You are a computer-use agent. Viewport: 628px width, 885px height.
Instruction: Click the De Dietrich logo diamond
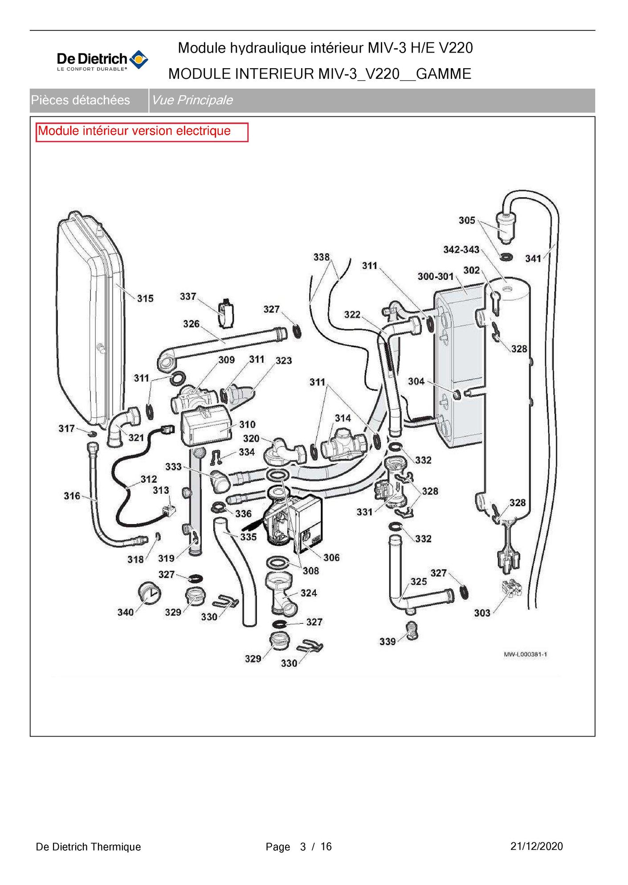pyautogui.click(x=139, y=59)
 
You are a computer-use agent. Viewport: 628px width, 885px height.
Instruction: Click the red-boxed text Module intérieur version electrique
pyautogui.click(x=135, y=131)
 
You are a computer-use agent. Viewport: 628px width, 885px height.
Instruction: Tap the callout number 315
pyautogui.click(x=145, y=299)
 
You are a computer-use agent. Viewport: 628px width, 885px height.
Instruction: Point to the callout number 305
pyautogui.click(x=467, y=220)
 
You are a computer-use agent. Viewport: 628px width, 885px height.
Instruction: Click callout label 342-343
pyautogui.click(x=461, y=250)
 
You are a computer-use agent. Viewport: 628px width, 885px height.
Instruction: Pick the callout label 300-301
pyautogui.click(x=435, y=276)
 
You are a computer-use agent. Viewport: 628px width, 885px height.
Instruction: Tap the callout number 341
pyautogui.click(x=533, y=258)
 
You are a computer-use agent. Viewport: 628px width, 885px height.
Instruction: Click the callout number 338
pyautogui.click(x=322, y=257)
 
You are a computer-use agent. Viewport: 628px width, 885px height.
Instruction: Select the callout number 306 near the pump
pyautogui.click(x=331, y=557)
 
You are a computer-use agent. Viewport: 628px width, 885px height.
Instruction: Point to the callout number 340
pyautogui.click(x=126, y=612)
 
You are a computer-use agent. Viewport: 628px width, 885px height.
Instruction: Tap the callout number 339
pyautogui.click(x=387, y=641)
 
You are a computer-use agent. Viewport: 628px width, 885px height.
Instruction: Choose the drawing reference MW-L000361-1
pyautogui.click(x=526, y=654)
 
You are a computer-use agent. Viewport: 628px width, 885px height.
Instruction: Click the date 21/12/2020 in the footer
pyautogui.click(x=537, y=846)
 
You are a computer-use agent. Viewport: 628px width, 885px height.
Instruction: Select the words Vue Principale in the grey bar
pyautogui.click(x=192, y=100)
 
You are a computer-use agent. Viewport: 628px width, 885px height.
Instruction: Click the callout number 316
pyautogui.click(x=72, y=496)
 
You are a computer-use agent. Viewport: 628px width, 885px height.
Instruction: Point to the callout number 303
pyautogui.click(x=482, y=613)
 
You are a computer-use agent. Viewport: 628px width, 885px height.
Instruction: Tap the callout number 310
pyautogui.click(x=248, y=424)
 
